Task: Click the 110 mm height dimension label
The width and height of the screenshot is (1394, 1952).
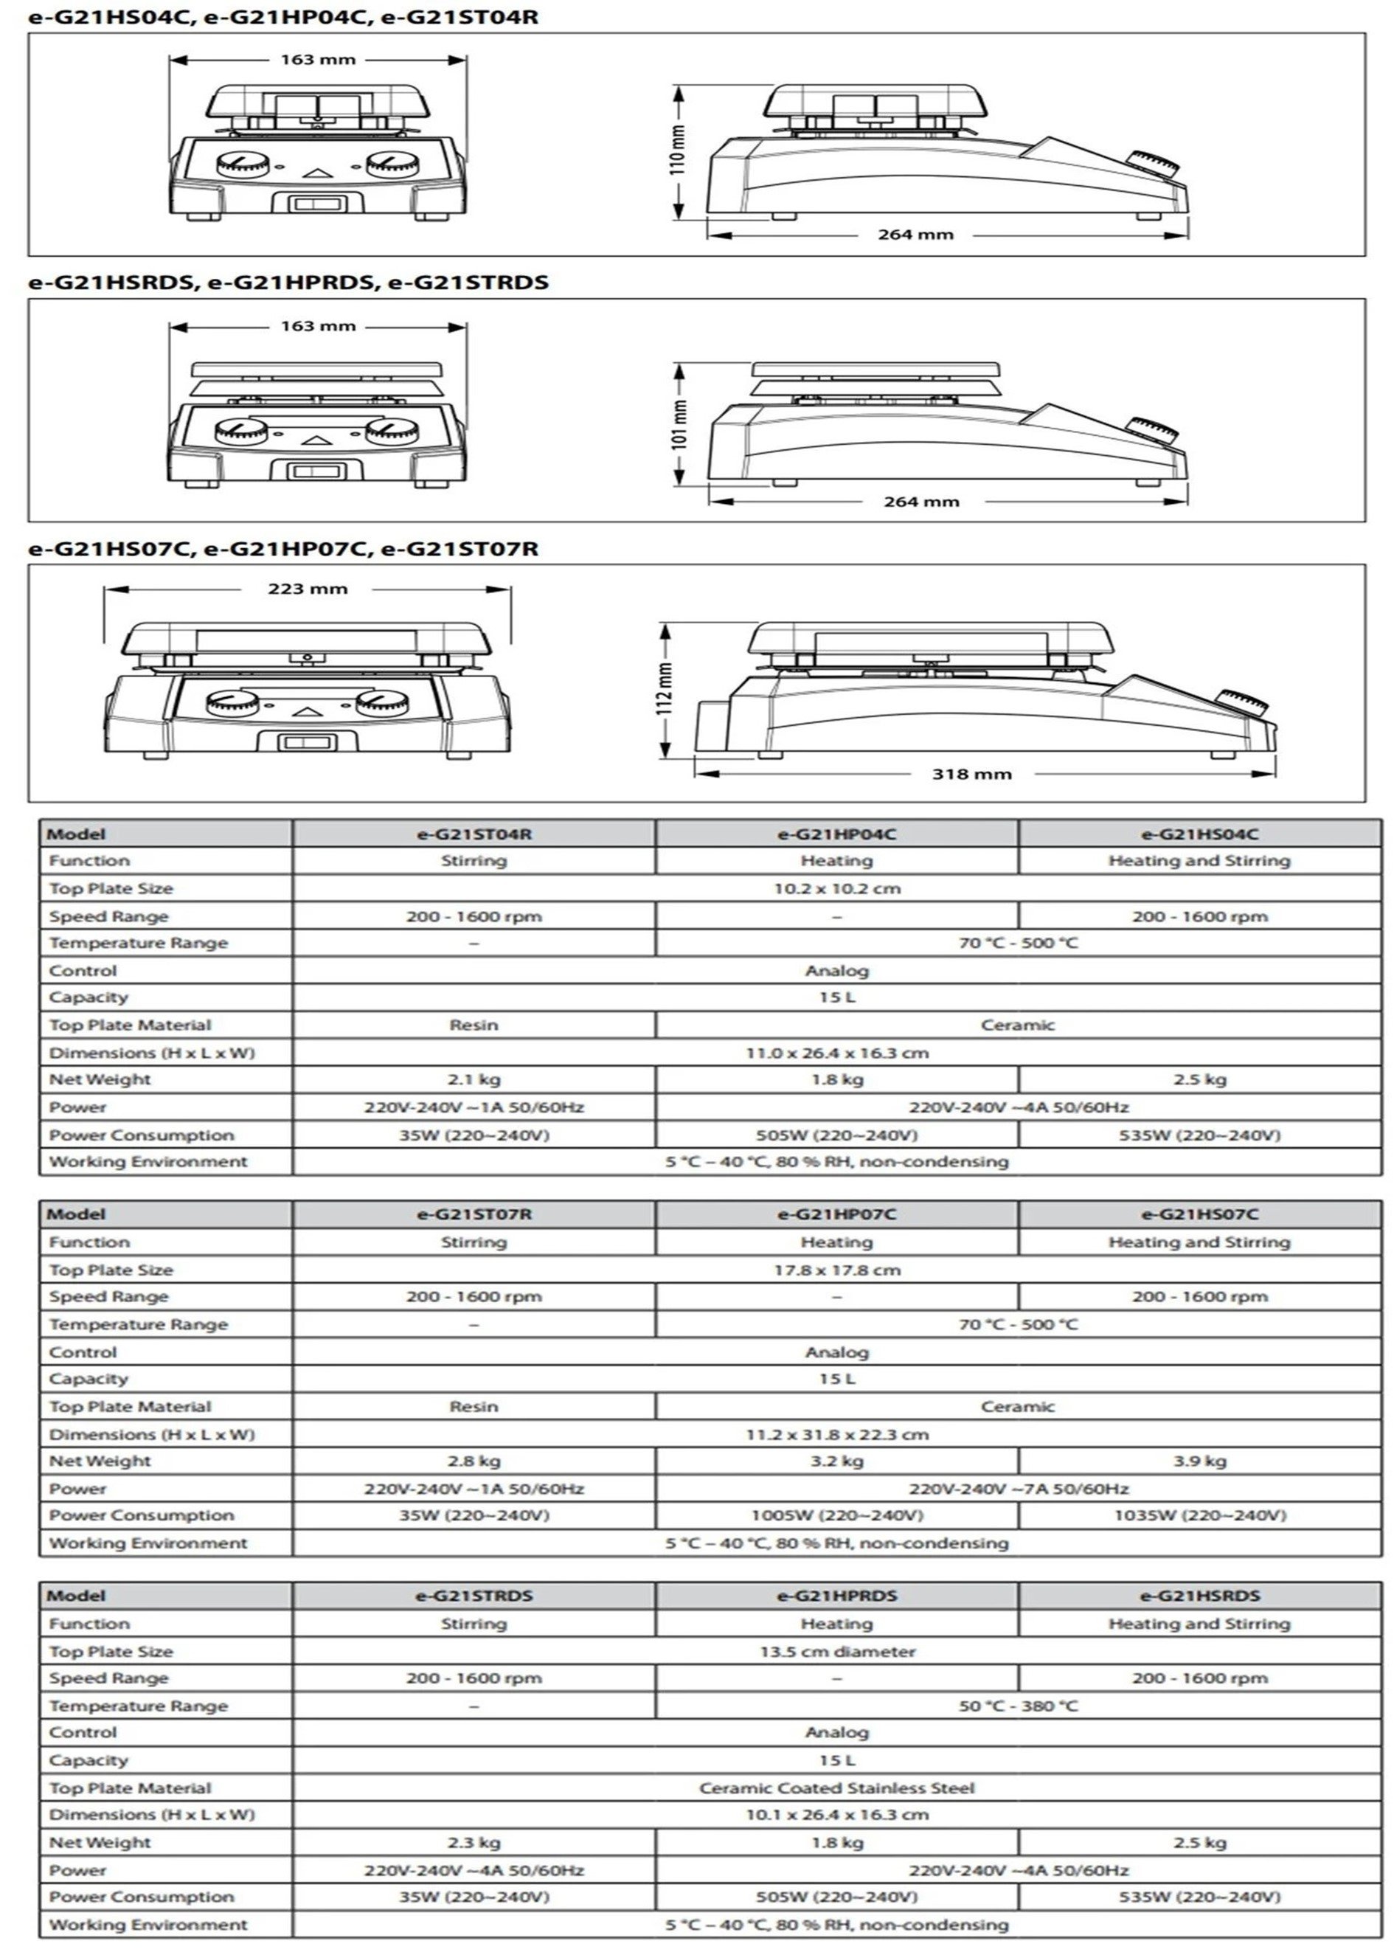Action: (678, 150)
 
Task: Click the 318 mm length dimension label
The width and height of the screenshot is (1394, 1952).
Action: (971, 773)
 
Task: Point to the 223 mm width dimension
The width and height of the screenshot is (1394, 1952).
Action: (308, 589)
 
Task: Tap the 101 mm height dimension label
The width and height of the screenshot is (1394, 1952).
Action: (679, 424)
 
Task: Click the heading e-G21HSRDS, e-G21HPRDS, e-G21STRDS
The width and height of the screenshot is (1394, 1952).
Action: (288, 283)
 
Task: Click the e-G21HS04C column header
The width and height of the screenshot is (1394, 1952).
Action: (1199, 834)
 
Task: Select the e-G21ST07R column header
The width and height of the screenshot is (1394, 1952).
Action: (474, 1214)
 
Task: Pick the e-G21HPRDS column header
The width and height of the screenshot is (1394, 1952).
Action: (837, 1596)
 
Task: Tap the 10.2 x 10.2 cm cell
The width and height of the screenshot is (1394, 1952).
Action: (837, 888)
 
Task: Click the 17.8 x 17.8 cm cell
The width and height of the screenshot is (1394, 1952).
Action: (837, 1270)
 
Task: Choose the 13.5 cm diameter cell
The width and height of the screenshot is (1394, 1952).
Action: (837, 1652)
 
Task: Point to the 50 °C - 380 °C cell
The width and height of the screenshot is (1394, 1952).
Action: (1018, 1706)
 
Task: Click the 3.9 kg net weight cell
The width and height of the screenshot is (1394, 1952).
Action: (1199, 1461)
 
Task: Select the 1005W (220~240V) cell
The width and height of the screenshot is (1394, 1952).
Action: (837, 1515)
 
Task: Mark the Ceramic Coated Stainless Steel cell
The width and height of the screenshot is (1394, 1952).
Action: (837, 1788)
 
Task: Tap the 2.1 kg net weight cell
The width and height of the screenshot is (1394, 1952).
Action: (474, 1079)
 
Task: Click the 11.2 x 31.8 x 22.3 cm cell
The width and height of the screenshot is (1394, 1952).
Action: (837, 1434)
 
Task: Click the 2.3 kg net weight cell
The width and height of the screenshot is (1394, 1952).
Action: (474, 1842)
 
